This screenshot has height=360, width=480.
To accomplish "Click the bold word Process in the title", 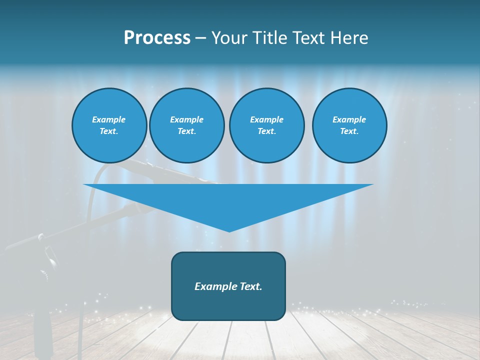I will [x=157, y=38].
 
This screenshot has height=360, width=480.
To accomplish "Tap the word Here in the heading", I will [x=349, y=38].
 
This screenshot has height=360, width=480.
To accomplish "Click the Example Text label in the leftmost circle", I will [x=109, y=125].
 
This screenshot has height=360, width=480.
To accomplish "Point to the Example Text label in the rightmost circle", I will [x=349, y=125].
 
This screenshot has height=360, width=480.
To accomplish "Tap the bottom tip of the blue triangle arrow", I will [x=229, y=230].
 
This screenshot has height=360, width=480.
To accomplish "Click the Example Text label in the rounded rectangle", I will [x=228, y=286].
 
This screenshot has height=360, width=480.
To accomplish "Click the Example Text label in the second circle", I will [x=186, y=125].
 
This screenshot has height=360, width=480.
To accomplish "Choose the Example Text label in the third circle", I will [x=266, y=125].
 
